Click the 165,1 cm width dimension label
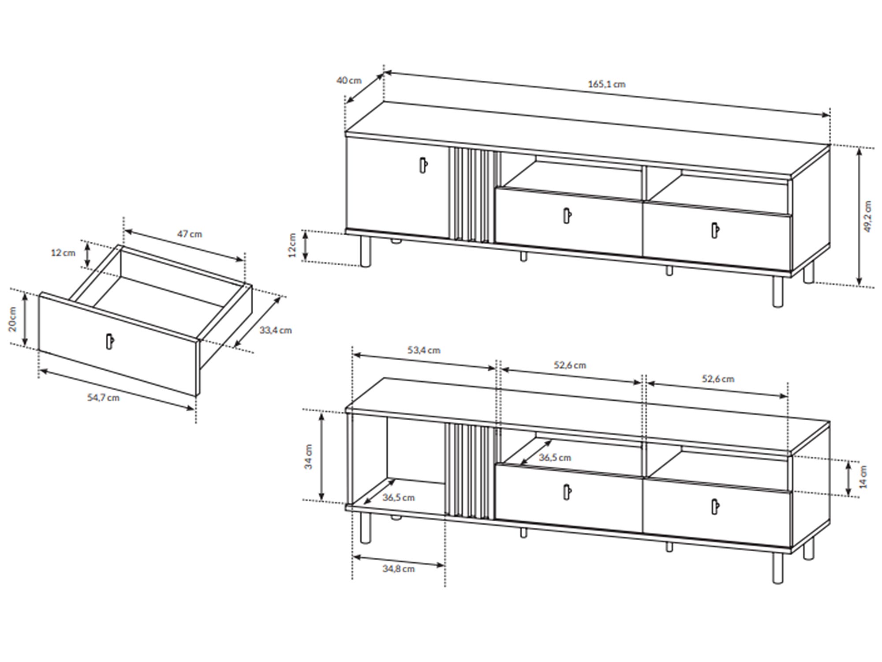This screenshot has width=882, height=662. (607, 84)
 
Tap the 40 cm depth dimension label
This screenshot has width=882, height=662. (349, 80)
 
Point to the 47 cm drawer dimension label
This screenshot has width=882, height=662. (190, 234)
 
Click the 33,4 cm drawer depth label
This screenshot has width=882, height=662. (276, 330)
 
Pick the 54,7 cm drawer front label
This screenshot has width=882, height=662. (103, 398)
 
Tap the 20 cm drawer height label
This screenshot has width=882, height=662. (13, 319)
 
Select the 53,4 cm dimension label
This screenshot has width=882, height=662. (424, 350)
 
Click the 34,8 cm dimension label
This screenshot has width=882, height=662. (398, 569)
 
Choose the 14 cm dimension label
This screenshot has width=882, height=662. (863, 477)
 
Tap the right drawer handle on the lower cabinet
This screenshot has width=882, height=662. (715, 507)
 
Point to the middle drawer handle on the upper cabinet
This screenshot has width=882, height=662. (568, 215)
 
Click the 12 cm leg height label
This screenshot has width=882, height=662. (292, 245)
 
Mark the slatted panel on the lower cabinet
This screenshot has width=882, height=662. (470, 471)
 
